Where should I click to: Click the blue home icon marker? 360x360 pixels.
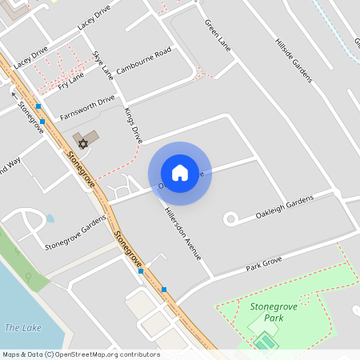(180, 172)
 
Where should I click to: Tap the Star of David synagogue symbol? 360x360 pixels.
(81, 144)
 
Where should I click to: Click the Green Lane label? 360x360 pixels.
(218, 35)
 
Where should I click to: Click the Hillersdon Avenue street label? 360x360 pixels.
(183, 229)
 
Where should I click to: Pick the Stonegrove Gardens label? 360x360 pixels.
(75, 233)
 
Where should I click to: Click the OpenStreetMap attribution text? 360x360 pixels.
(81, 354)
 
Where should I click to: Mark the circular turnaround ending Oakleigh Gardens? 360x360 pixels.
(230, 218)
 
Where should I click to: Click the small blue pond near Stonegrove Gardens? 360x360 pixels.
(50, 218)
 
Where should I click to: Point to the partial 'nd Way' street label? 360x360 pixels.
(10, 165)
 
